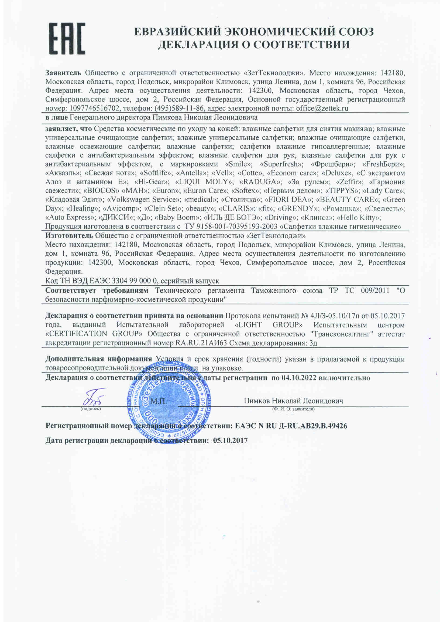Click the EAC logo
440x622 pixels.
pyautogui.click(x=67, y=39)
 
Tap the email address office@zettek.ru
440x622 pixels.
pyautogui.click(x=322, y=109)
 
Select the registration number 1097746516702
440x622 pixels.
pyautogui.click(x=95, y=109)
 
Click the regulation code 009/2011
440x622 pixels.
pyautogui.click(x=375, y=290)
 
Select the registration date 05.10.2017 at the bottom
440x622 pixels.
pyautogui.click(x=230, y=441)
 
